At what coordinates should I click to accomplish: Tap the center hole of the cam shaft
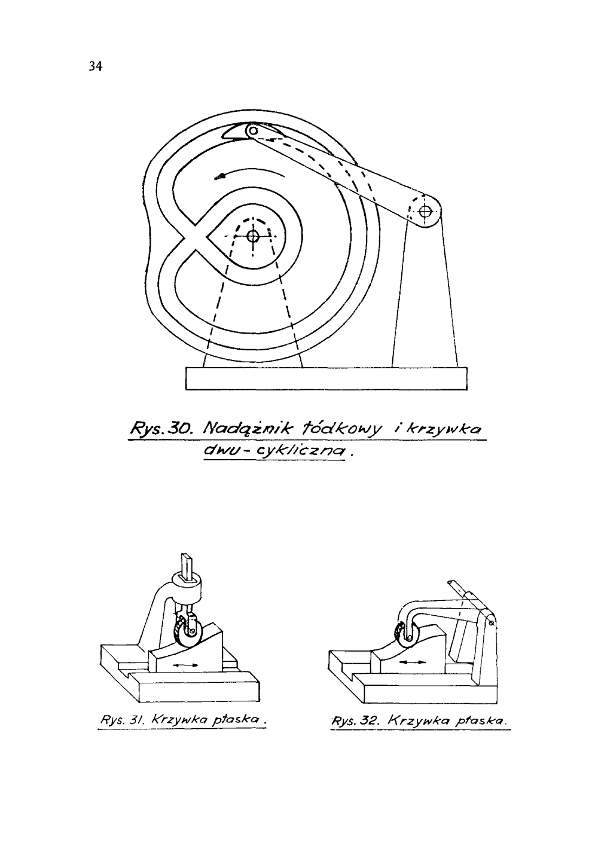(252, 236)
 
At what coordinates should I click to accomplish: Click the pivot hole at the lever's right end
(425, 210)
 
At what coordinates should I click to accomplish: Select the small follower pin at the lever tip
(254, 130)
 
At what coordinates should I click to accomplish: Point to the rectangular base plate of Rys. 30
(326, 378)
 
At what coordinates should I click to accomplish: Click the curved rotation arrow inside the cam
(251, 172)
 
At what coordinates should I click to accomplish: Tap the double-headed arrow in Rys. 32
(413, 662)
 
